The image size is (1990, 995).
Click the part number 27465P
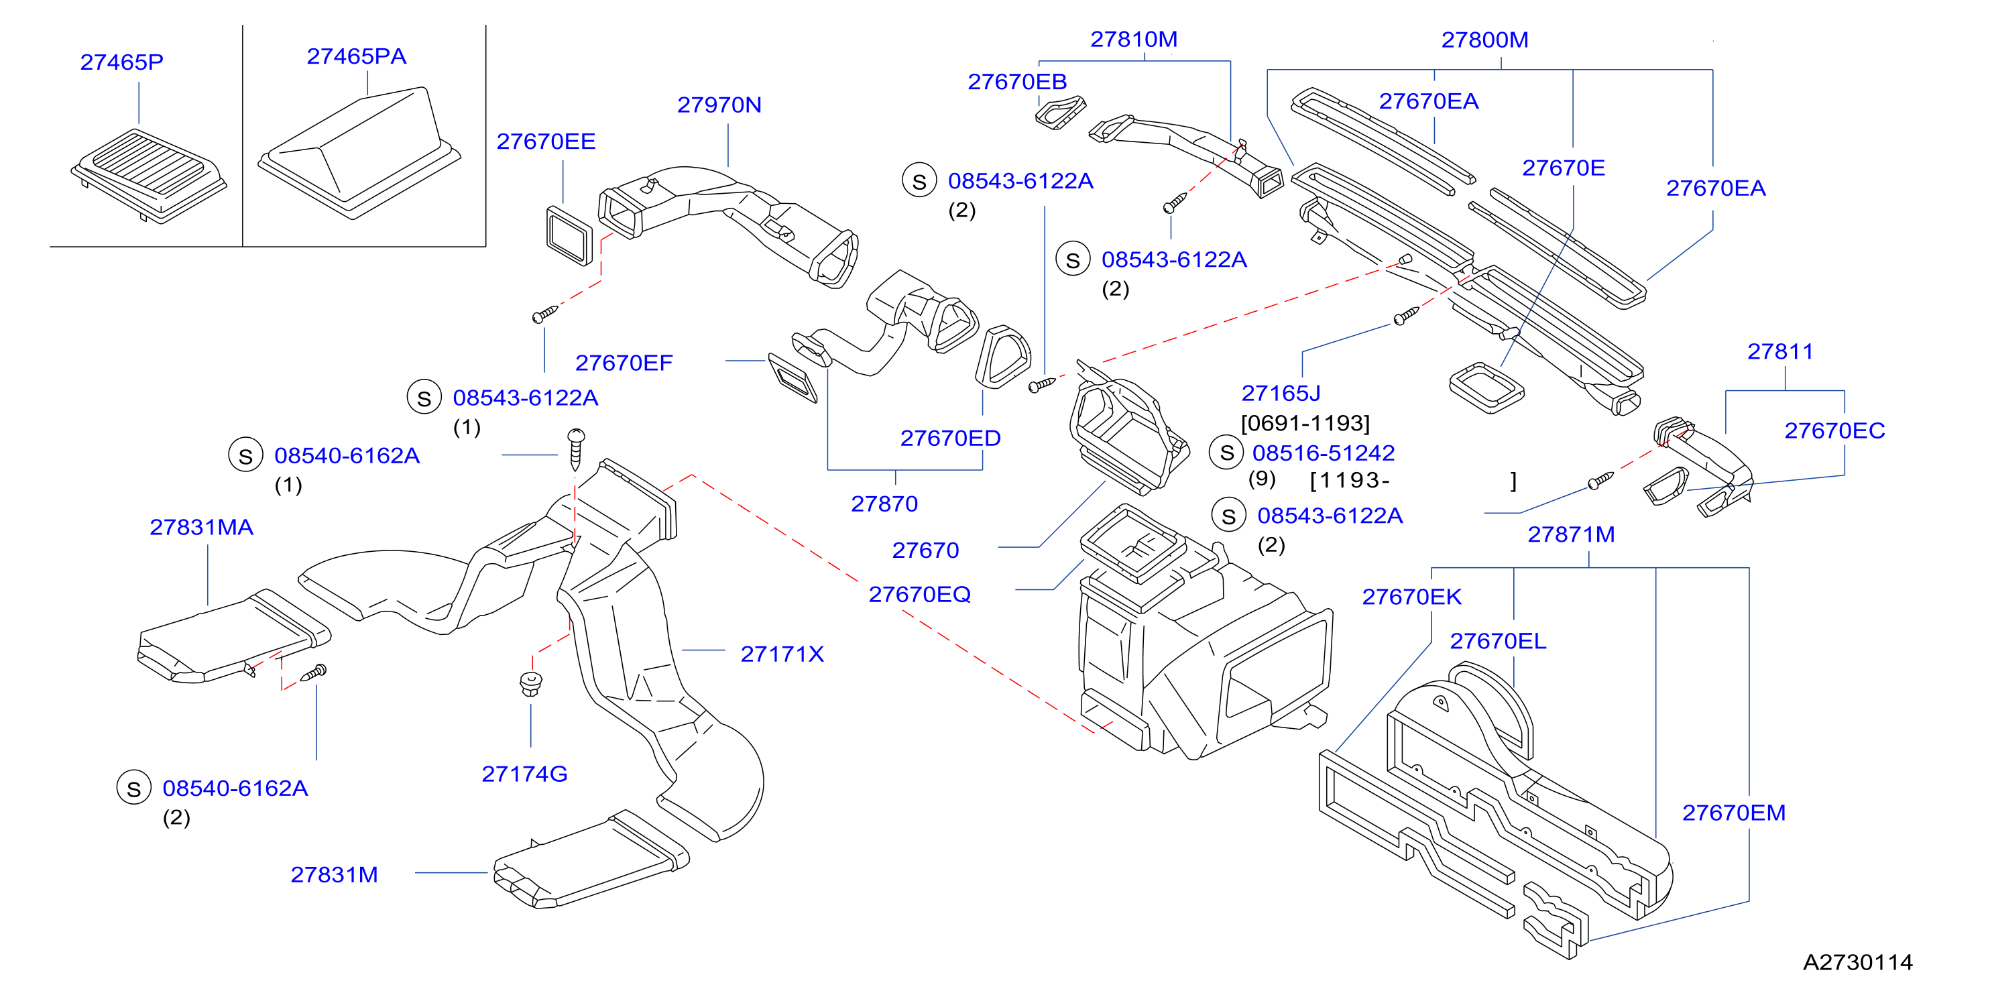pyautogui.click(x=122, y=62)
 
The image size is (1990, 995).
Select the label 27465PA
pyautogui.click(x=356, y=56)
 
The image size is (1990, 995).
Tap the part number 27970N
pyautogui.click(x=719, y=105)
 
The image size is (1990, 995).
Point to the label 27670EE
pyautogui.click(x=546, y=141)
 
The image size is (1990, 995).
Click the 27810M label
pyautogui.click(x=1134, y=40)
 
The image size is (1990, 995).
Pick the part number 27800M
pyautogui.click(x=1484, y=40)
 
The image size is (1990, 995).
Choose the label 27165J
pyautogui.click(x=1281, y=393)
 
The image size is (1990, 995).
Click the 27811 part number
pyautogui.click(x=1781, y=351)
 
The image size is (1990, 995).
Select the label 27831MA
pyautogui.click(x=202, y=528)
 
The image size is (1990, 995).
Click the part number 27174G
pyautogui.click(x=524, y=774)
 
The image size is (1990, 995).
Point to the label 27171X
pyautogui.click(x=782, y=654)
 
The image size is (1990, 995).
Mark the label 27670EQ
pyautogui.click(x=919, y=595)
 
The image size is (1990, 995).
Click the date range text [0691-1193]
pyautogui.click(x=1305, y=423)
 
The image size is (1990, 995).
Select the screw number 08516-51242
pyautogui.click(x=1324, y=453)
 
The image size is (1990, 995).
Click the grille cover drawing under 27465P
pyautogui.click(x=148, y=176)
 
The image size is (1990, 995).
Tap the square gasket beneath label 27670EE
pyautogui.click(x=569, y=235)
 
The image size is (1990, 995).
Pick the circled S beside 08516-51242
pyautogui.click(x=1226, y=453)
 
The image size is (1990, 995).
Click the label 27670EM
pyautogui.click(x=1733, y=813)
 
